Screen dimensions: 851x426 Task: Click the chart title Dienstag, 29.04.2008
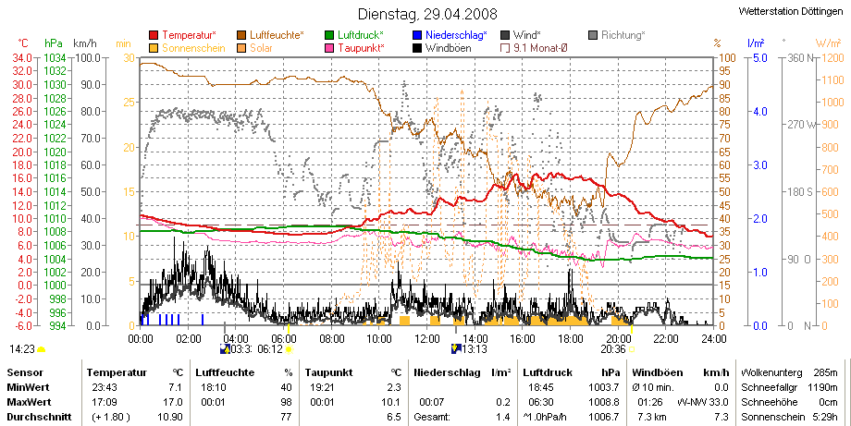[427, 14]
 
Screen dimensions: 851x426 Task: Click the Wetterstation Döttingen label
[791, 11]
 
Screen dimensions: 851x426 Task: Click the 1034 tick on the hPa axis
[55, 58]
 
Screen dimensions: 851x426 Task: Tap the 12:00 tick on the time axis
[427, 339]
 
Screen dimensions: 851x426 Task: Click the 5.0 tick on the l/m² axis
[759, 58]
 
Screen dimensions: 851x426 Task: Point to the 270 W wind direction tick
[802, 125]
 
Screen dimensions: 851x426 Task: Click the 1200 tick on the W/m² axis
[833, 58]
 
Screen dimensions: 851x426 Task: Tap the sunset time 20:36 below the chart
[612, 349]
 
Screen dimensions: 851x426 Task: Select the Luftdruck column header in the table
[548, 373]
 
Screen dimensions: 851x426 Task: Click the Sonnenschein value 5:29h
[826, 418]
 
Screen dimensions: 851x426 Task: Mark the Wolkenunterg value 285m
[827, 373]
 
